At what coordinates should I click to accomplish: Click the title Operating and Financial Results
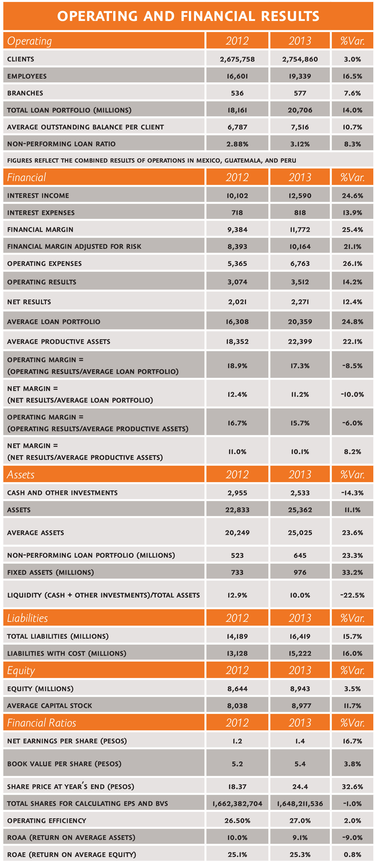point(188,16)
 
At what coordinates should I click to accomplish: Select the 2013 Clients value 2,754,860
point(300,59)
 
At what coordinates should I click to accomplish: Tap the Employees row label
point(27,76)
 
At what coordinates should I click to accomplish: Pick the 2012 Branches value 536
point(237,93)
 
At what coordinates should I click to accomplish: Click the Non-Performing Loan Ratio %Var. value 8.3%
point(352,144)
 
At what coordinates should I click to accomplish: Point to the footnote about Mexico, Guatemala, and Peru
point(152,160)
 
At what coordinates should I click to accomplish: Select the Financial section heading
point(26,177)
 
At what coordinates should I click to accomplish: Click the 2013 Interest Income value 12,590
point(300,196)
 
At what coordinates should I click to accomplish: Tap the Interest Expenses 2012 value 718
point(237,213)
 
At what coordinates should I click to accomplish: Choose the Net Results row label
point(29,302)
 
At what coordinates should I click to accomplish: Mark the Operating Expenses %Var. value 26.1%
point(352,264)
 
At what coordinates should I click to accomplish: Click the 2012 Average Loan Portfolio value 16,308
point(237,322)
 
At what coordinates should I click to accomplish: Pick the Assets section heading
point(21,474)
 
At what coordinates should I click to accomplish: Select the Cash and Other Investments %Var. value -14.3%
point(352,493)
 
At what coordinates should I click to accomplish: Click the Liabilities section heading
point(27,618)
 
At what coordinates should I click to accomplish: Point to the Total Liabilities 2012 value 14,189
point(237,637)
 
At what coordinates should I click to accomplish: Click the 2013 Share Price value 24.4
point(300,787)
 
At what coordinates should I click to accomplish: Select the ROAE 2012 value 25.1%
point(237,855)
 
